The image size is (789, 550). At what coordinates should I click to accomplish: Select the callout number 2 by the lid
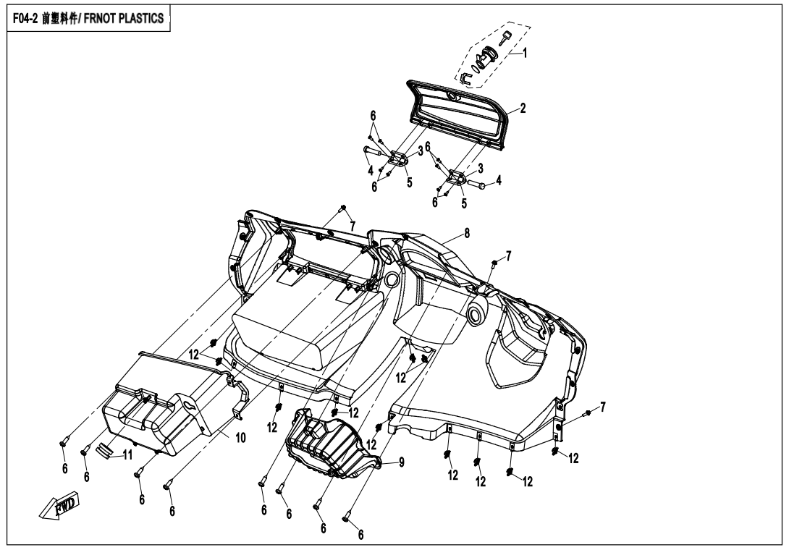[523, 108]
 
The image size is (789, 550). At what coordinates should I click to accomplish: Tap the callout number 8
[467, 234]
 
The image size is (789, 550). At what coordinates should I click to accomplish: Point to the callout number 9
[401, 462]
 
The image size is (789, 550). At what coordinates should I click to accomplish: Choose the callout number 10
[240, 438]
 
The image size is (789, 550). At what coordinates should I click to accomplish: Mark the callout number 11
[127, 455]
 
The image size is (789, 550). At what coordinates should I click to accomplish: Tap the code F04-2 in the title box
[25, 19]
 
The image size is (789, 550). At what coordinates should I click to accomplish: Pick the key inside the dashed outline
[505, 38]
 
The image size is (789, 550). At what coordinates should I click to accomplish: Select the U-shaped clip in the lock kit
[465, 77]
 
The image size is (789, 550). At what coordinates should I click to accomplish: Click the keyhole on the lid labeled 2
[451, 96]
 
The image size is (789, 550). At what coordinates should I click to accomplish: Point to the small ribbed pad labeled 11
[105, 449]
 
